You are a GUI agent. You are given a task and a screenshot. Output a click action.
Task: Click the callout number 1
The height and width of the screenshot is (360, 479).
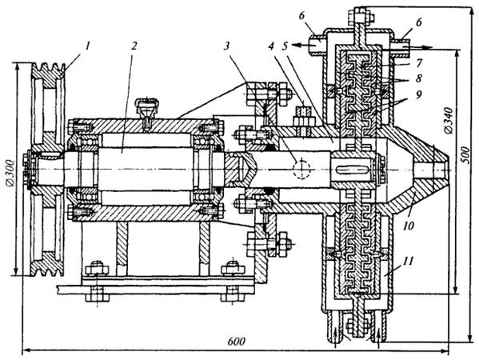click(x=88, y=46)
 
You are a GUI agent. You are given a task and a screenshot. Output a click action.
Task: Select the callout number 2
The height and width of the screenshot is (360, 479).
click(x=134, y=46)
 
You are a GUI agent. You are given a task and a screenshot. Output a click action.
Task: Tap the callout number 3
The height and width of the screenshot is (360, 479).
click(x=226, y=46)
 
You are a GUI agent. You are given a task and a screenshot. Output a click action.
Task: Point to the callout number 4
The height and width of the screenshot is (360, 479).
click(x=270, y=46)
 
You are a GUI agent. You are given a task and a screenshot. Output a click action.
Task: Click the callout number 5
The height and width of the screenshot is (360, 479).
click(x=285, y=46)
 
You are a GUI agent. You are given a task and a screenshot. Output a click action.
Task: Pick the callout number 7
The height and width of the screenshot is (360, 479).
click(x=418, y=63)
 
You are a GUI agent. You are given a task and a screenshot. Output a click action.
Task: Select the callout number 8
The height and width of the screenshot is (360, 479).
click(x=418, y=78)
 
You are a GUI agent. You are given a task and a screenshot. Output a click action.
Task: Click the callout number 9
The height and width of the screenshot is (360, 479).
click(x=418, y=94)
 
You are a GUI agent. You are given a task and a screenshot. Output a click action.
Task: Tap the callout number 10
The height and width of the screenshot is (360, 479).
click(x=409, y=226)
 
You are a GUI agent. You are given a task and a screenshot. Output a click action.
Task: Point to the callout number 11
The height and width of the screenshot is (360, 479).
click(x=409, y=261)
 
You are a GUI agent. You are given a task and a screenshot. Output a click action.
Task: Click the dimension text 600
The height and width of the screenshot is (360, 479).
click(x=236, y=342)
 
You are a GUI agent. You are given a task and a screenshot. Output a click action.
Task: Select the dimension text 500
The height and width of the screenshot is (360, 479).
click(x=465, y=155)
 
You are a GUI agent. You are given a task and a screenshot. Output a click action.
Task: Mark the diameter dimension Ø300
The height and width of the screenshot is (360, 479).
click(x=10, y=172)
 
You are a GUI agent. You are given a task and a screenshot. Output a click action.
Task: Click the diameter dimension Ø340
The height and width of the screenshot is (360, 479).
click(x=449, y=120)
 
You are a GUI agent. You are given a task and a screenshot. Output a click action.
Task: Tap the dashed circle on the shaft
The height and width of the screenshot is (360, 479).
click(x=301, y=169)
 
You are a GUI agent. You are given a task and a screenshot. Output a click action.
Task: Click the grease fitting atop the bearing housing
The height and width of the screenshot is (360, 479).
click(x=147, y=112)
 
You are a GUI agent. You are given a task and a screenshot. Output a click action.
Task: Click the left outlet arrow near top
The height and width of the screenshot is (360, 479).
click(x=301, y=46)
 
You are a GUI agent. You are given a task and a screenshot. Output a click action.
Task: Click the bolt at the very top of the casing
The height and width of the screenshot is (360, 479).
click(x=361, y=16)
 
